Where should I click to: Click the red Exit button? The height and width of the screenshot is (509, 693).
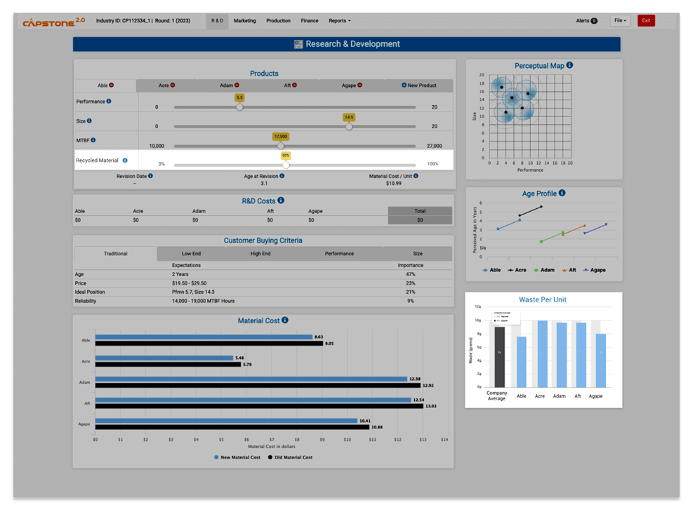[645, 20]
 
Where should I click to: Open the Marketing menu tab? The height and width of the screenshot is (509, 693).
[244, 21]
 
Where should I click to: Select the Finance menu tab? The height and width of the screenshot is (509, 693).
[310, 21]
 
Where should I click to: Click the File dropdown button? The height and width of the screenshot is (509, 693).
[620, 20]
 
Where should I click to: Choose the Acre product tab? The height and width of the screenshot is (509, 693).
[166, 86]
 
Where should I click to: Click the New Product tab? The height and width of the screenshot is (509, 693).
[419, 86]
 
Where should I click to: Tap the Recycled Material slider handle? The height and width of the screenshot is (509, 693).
[286, 165]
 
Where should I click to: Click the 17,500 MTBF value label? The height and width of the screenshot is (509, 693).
[280, 137]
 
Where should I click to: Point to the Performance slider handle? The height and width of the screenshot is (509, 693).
[239, 107]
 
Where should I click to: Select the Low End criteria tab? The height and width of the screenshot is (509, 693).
[192, 254]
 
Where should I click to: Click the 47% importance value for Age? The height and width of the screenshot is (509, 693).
[411, 274]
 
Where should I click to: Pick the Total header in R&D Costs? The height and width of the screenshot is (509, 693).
[420, 211]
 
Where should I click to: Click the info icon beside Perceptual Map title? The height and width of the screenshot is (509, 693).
[569, 65]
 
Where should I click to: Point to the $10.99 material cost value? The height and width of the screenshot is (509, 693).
[394, 183]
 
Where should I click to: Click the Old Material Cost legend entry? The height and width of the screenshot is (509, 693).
[290, 457]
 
